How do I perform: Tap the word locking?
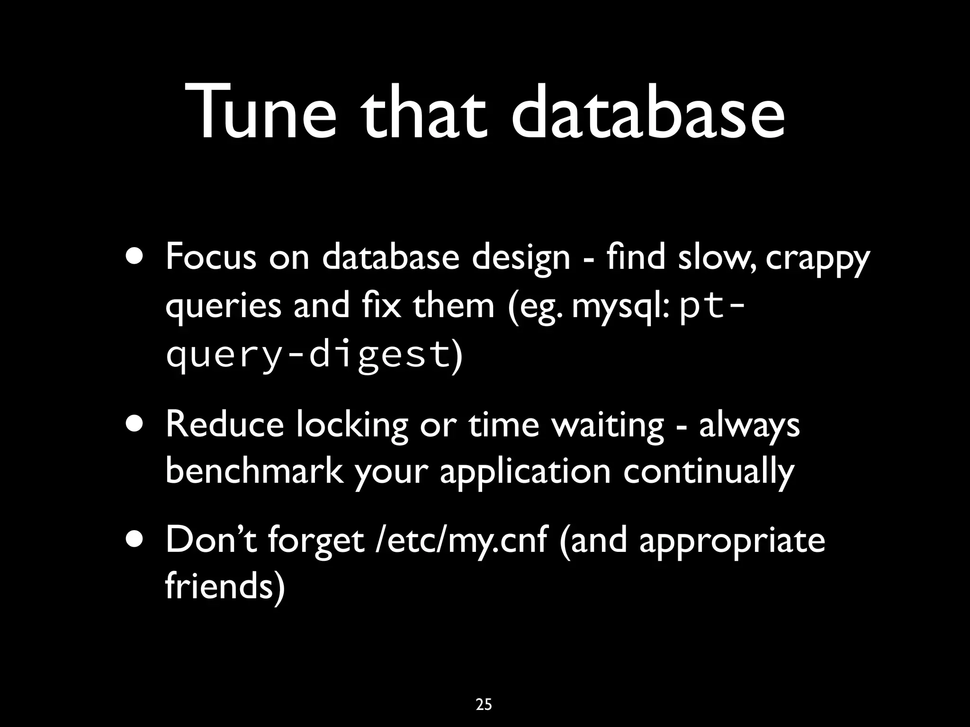coord(352,425)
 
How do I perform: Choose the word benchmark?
coord(254,471)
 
